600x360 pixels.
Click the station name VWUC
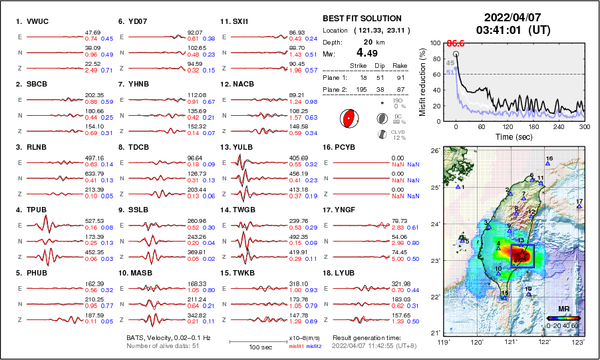39,21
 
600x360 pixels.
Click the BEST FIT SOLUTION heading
362,19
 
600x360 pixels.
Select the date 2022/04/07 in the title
508,17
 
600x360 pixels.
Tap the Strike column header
359,65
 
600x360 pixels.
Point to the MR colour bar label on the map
563,309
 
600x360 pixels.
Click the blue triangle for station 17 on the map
579,206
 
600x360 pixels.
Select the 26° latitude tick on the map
432,150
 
